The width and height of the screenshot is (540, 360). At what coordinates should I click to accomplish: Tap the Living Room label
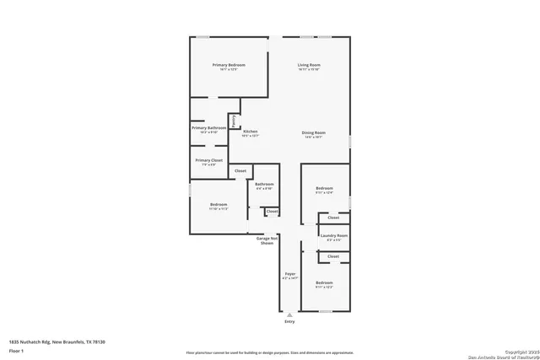pyautogui.click(x=309, y=65)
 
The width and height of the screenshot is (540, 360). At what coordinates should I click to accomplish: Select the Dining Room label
pyautogui.click(x=314, y=132)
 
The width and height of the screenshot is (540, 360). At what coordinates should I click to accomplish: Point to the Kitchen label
pyautogui.click(x=251, y=132)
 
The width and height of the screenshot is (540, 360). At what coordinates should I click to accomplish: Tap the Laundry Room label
pyautogui.click(x=334, y=236)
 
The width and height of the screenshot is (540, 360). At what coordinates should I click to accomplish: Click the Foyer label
pyautogui.click(x=289, y=275)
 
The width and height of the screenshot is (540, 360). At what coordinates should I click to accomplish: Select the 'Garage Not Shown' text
pyautogui.click(x=267, y=240)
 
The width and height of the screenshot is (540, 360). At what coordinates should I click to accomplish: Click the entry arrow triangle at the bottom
pyautogui.click(x=289, y=314)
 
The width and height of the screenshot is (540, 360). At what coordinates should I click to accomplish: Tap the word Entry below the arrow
pyautogui.click(x=289, y=321)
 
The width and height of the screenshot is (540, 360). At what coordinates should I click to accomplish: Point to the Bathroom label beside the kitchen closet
pyautogui.click(x=265, y=184)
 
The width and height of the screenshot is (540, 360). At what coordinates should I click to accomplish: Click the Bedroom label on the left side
pyautogui.click(x=219, y=204)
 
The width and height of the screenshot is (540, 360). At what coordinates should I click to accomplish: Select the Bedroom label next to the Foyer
pyautogui.click(x=325, y=282)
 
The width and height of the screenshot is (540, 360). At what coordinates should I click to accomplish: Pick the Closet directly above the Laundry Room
pyautogui.click(x=333, y=218)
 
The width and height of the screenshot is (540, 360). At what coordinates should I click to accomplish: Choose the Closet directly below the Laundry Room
pyautogui.click(x=333, y=255)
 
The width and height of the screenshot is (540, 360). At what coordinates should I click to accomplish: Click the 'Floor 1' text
pyautogui.click(x=16, y=349)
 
